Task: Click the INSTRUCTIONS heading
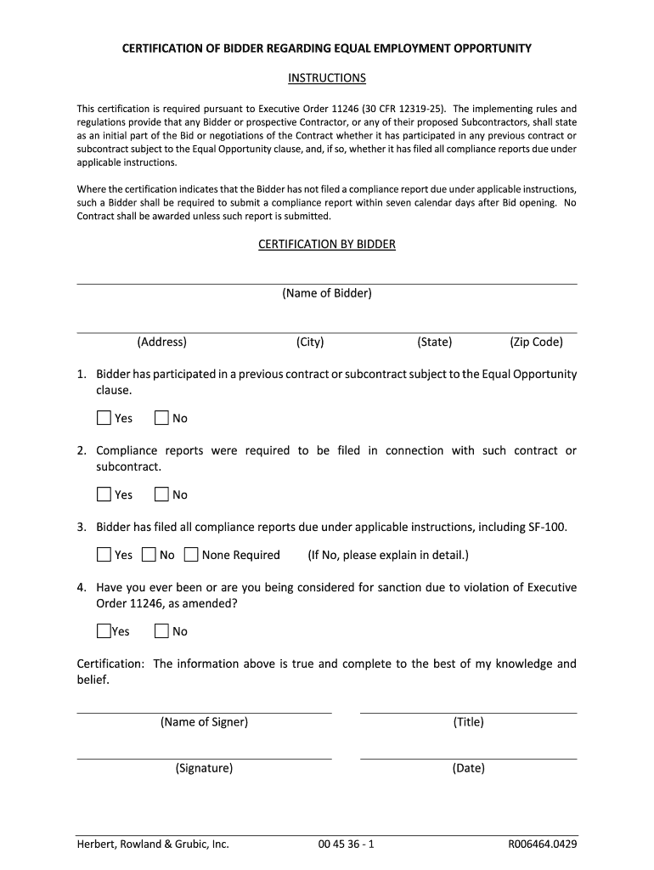tap(327, 78)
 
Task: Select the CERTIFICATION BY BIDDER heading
tap(327, 244)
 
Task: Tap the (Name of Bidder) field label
tap(327, 293)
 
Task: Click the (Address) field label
tap(161, 342)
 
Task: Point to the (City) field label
tap(310, 342)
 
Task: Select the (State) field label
tap(434, 342)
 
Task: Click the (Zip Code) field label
tap(536, 342)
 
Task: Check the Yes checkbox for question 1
tap(104, 418)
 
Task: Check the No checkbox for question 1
tap(161, 418)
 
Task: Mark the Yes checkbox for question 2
tap(104, 494)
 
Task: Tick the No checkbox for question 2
tap(161, 494)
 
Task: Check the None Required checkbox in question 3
tap(191, 555)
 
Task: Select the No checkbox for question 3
tap(149, 555)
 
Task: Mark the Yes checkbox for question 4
tap(104, 631)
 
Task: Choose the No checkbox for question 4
tap(161, 631)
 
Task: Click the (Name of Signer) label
tap(204, 722)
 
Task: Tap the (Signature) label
tap(204, 768)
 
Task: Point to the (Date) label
tap(468, 768)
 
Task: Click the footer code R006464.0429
tap(542, 845)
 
